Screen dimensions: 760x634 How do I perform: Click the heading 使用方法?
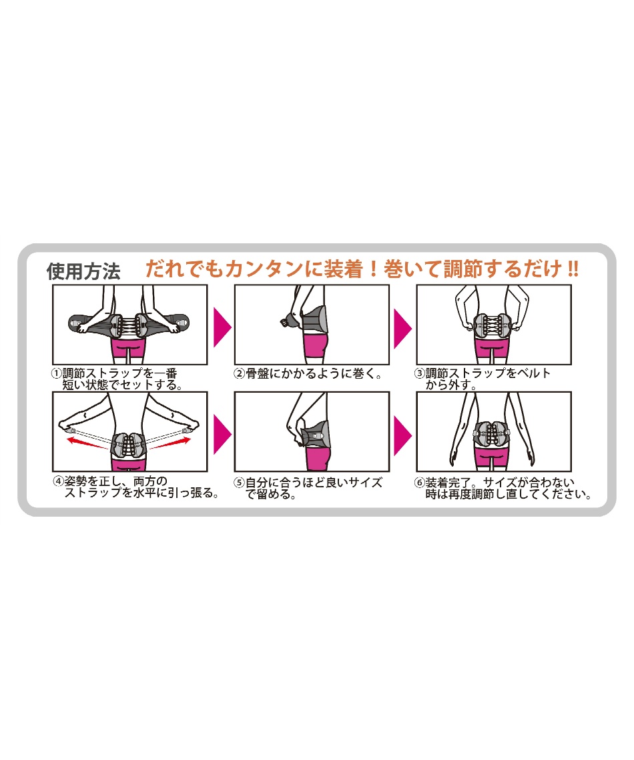[x=83, y=271]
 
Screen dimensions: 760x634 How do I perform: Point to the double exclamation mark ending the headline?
[x=572, y=269]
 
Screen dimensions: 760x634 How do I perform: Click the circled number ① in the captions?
[x=57, y=373]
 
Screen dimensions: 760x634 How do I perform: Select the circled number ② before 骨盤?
[x=239, y=373]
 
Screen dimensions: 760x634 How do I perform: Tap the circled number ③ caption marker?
[x=420, y=373]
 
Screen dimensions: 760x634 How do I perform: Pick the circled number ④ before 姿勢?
[x=59, y=481]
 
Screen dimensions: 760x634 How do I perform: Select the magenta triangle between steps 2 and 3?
[x=402, y=327]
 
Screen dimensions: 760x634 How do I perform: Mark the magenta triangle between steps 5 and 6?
[x=402, y=433]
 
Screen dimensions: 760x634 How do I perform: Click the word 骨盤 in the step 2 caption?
[x=257, y=373]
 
